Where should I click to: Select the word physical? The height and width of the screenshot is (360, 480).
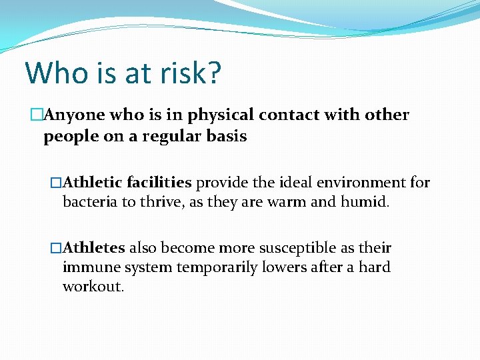point(221,115)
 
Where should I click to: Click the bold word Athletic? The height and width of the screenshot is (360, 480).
point(95,183)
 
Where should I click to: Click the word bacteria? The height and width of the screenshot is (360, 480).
point(90,202)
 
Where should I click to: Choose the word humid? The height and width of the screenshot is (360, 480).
point(364,202)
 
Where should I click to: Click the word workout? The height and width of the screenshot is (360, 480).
point(93,287)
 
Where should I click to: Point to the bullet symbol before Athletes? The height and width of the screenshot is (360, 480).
point(56,248)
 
